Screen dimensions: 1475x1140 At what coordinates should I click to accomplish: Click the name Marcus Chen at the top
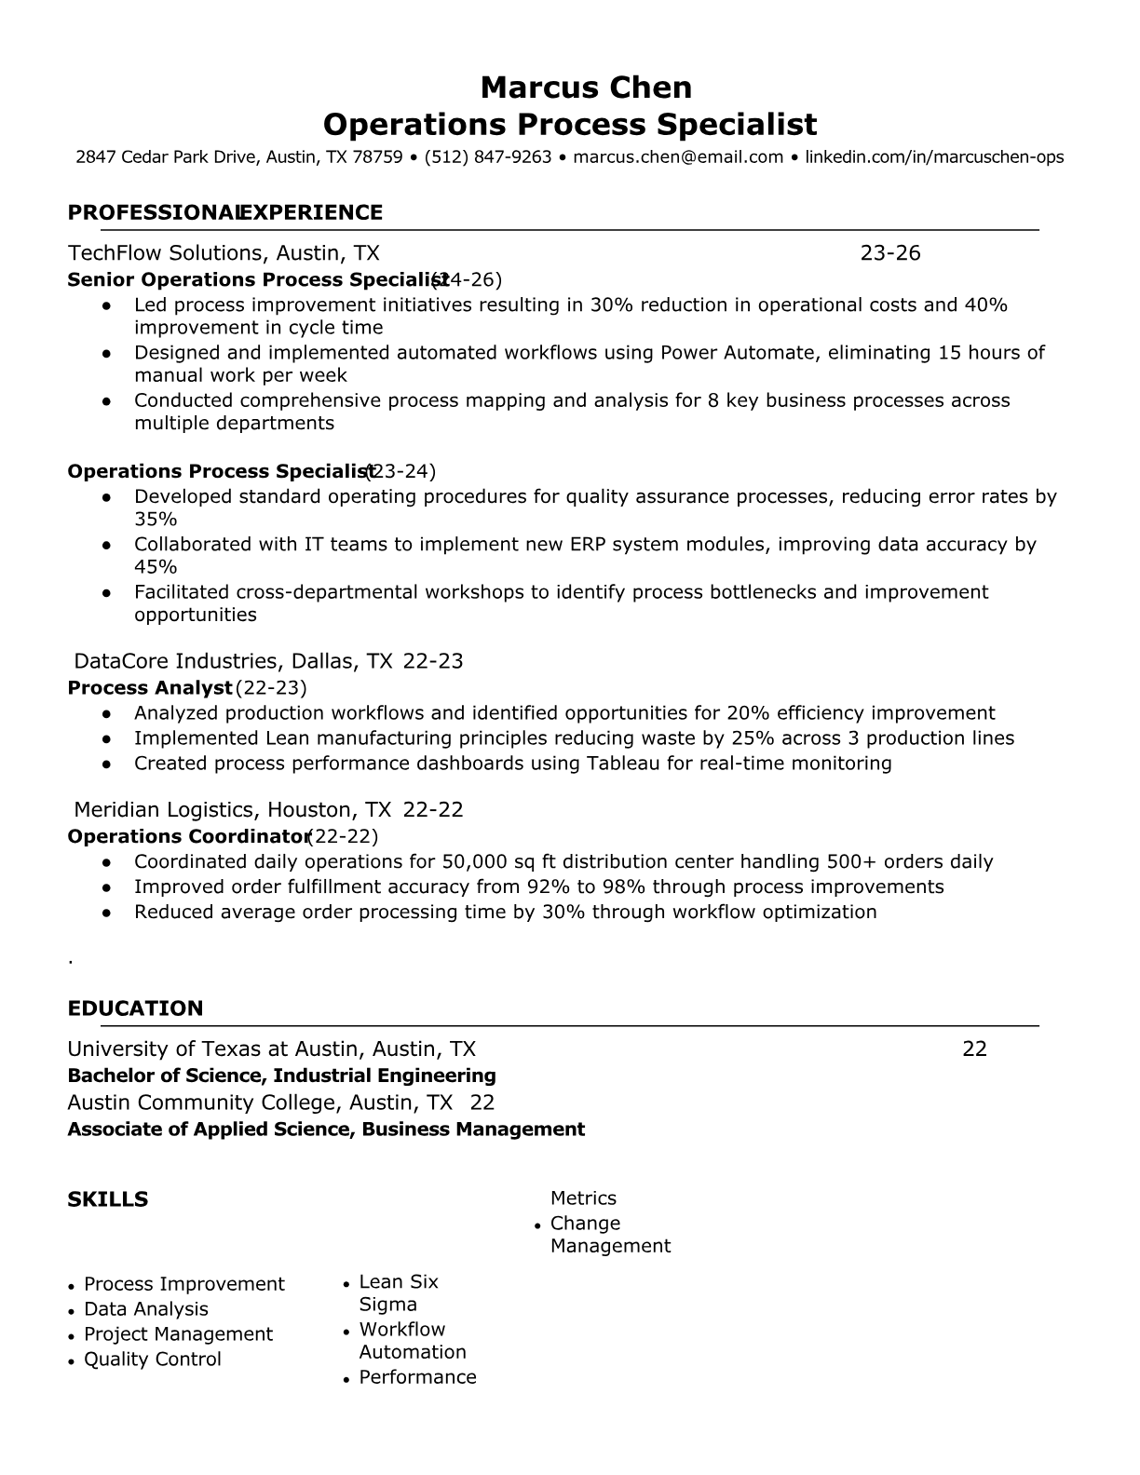586,88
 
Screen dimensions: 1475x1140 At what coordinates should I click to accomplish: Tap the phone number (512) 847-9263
488,157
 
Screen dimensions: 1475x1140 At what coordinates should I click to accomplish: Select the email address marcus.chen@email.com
678,157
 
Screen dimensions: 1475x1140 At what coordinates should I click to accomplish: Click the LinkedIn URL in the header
933,157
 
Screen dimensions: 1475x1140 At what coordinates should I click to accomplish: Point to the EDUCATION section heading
135,1008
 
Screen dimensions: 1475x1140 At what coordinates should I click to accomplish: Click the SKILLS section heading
107,1199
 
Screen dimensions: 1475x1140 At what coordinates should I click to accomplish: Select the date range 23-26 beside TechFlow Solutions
889,253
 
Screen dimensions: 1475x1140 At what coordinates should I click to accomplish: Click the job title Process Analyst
149,688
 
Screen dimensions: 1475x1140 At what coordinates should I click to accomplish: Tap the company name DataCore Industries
176,662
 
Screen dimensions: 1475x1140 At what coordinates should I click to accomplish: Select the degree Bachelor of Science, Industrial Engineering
281,1076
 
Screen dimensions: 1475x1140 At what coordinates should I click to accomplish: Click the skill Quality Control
153,1360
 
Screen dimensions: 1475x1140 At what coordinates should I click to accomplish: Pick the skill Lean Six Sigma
398,1293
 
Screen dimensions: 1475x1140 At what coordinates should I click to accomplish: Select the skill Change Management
609,1235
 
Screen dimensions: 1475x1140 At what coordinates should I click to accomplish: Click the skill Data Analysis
146,1309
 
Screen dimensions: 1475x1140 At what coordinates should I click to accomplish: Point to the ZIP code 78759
377,157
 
